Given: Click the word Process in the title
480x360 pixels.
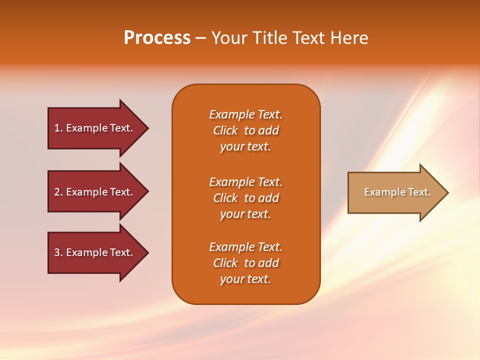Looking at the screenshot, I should tap(157, 38).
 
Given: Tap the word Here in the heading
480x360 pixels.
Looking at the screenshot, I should tap(348, 38).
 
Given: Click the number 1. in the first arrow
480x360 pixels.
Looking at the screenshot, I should tap(58, 128).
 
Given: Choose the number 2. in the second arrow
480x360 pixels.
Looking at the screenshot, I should tap(58, 192).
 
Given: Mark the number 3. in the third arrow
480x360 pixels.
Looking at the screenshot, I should tap(58, 252).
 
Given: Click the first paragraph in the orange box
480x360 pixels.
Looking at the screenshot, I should tap(245, 130).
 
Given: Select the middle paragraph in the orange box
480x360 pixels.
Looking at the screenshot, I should tap(245, 198).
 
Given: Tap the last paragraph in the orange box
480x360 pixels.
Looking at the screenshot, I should tap(245, 263).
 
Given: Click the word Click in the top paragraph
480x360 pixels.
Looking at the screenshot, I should tap(225, 130).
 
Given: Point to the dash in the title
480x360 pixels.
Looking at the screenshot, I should tap(200, 38).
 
